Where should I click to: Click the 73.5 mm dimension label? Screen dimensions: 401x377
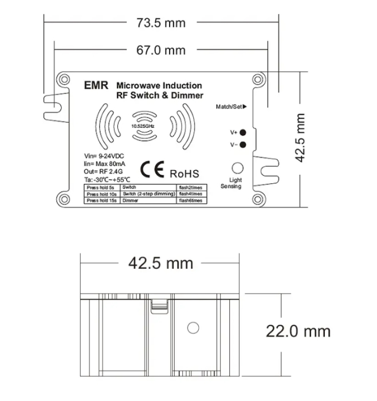coord(161,22)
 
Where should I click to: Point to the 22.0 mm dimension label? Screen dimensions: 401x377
coord(298,331)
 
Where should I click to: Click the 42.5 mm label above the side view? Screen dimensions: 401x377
coord(160,264)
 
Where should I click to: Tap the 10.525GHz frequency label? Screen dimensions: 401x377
coord(142,124)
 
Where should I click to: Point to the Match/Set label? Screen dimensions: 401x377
coord(230,107)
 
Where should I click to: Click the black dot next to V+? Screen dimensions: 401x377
coord(243,132)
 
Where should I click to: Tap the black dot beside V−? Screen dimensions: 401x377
coord(243,144)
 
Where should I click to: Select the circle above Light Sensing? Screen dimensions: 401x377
coord(237,168)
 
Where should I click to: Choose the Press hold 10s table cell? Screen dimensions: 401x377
coord(101,194)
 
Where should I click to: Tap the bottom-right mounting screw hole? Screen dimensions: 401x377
coord(256,199)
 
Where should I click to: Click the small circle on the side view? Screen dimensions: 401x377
coord(193,328)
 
